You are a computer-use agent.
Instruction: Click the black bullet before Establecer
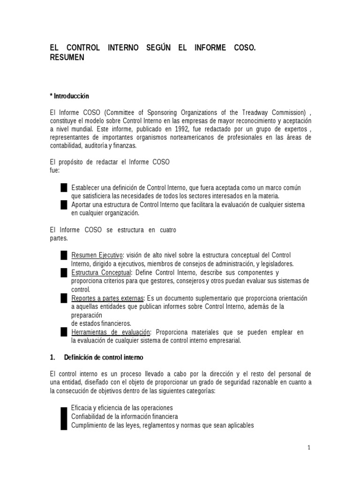point(64,187)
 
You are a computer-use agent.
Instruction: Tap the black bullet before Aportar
point(64,205)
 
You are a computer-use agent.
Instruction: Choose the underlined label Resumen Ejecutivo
point(97,255)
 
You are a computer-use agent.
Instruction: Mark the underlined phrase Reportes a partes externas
point(108,298)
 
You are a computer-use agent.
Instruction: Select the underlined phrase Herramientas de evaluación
point(111,332)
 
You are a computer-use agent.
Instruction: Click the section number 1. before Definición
point(52,357)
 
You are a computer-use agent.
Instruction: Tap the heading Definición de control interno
point(104,357)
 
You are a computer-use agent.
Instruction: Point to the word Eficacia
point(82,408)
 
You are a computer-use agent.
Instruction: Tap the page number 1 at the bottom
point(309,448)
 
